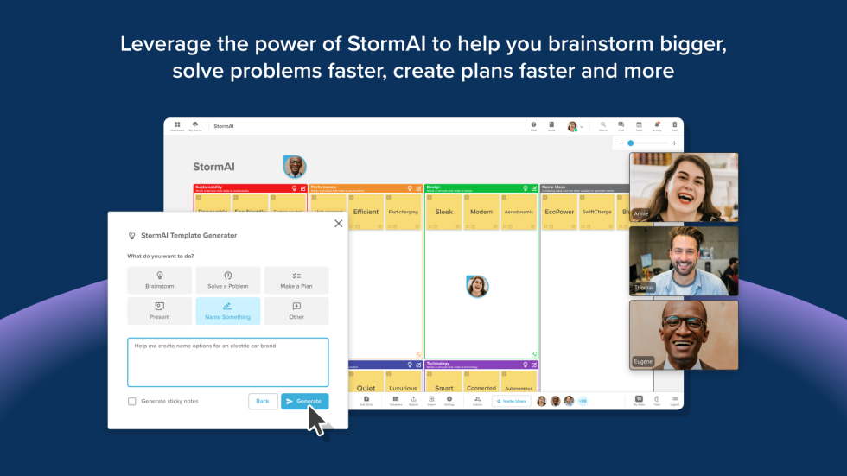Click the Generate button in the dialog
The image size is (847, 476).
(x=304, y=401)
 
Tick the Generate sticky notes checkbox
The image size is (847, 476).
(x=132, y=401)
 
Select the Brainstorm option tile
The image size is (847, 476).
(x=159, y=280)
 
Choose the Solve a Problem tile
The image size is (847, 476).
(x=228, y=280)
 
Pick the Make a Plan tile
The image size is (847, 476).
(x=296, y=280)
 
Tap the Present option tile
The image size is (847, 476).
(x=159, y=311)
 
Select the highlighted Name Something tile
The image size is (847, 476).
(x=228, y=311)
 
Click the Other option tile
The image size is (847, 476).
(x=296, y=311)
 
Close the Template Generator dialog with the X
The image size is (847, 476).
(x=338, y=223)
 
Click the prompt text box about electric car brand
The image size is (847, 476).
(x=227, y=362)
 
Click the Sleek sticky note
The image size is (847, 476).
(x=443, y=212)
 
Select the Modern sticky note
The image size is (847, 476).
(x=481, y=212)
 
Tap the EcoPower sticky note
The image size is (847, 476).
(x=559, y=212)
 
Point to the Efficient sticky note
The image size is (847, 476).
(x=366, y=212)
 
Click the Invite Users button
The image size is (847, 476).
(x=512, y=401)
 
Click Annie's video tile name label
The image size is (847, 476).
(x=641, y=212)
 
